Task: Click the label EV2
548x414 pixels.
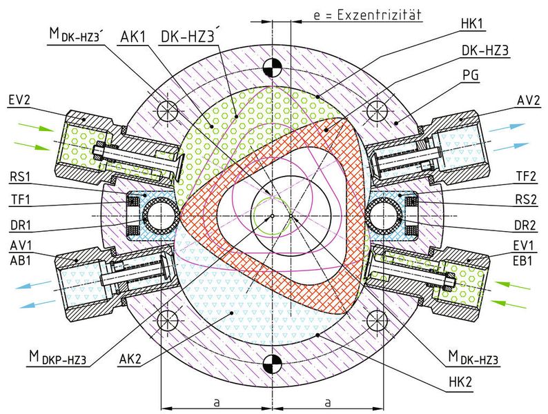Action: [x=19, y=100]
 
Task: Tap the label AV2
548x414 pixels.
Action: [x=529, y=100]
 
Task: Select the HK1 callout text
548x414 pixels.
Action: [x=472, y=23]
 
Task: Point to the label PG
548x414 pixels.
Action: [x=471, y=75]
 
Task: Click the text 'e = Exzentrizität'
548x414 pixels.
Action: [x=367, y=15]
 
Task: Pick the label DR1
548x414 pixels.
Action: [x=20, y=226]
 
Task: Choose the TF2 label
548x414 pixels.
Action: [x=526, y=177]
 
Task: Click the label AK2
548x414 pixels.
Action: [x=130, y=359]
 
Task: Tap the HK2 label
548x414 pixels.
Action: [x=460, y=382]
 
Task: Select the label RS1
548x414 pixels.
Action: [x=20, y=177]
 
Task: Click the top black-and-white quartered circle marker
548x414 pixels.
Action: [x=272, y=67]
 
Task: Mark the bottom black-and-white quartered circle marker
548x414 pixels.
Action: [x=272, y=364]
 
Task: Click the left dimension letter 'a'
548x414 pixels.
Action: [x=217, y=402]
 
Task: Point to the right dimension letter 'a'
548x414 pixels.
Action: [x=327, y=402]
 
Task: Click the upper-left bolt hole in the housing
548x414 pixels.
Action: [x=168, y=111]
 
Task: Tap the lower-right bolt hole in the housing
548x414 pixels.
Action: [x=377, y=320]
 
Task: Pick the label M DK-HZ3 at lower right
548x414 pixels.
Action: [x=473, y=357]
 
